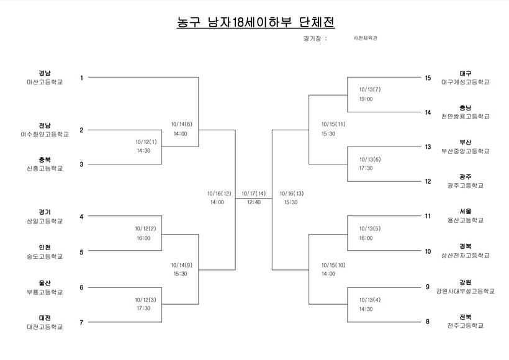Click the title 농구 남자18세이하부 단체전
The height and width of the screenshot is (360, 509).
pos(256,22)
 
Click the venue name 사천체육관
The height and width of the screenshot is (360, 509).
pos(365,38)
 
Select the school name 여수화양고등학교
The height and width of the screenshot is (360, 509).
pos(45,134)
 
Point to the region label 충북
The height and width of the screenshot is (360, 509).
pos(45,160)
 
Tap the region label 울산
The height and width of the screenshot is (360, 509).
pos(45,282)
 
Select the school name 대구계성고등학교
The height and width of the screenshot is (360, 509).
pos(466,82)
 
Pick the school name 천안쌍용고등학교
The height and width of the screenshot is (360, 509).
pos(466,117)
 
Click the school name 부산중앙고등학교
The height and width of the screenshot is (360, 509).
pos(466,151)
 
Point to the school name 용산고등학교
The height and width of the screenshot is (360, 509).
pos(466,220)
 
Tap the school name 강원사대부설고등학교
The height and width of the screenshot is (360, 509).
pos(466,290)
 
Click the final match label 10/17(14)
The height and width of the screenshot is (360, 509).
pos(254,193)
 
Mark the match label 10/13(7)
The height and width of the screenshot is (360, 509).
pos(369,89)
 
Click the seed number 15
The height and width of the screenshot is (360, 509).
pos(428,78)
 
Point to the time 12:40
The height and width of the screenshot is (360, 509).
pos(254,202)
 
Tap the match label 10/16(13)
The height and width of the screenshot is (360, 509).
pos(292,193)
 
